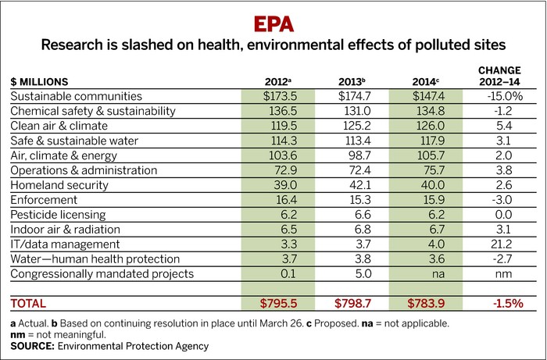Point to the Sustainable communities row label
(77, 96)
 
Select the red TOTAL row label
(29, 303)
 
